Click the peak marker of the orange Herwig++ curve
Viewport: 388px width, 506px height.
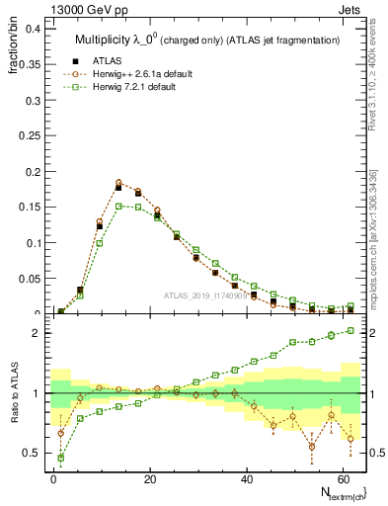click(118, 182)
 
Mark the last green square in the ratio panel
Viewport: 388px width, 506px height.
click(350, 331)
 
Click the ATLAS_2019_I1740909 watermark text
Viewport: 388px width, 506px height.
click(204, 295)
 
